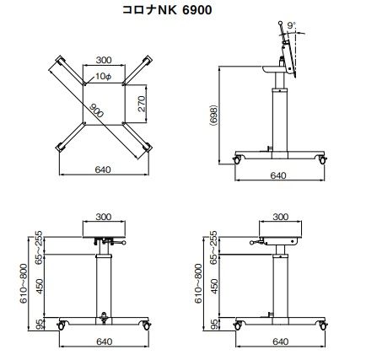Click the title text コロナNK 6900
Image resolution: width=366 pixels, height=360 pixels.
[x=167, y=10]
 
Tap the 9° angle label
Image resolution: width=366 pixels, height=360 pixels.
[x=292, y=25]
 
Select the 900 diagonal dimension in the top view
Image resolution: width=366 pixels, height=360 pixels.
[x=97, y=110]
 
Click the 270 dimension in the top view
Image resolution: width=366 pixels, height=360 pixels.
[x=142, y=104]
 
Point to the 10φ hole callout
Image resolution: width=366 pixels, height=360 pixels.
[x=104, y=76]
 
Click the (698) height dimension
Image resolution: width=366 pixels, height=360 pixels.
[x=214, y=116]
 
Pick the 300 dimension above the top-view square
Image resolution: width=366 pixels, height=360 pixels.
[x=104, y=60]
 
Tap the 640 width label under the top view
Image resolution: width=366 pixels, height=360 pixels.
[x=103, y=169]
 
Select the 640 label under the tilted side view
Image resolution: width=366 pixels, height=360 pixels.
[x=278, y=175]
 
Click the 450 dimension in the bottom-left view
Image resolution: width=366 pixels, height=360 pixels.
[x=40, y=286]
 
